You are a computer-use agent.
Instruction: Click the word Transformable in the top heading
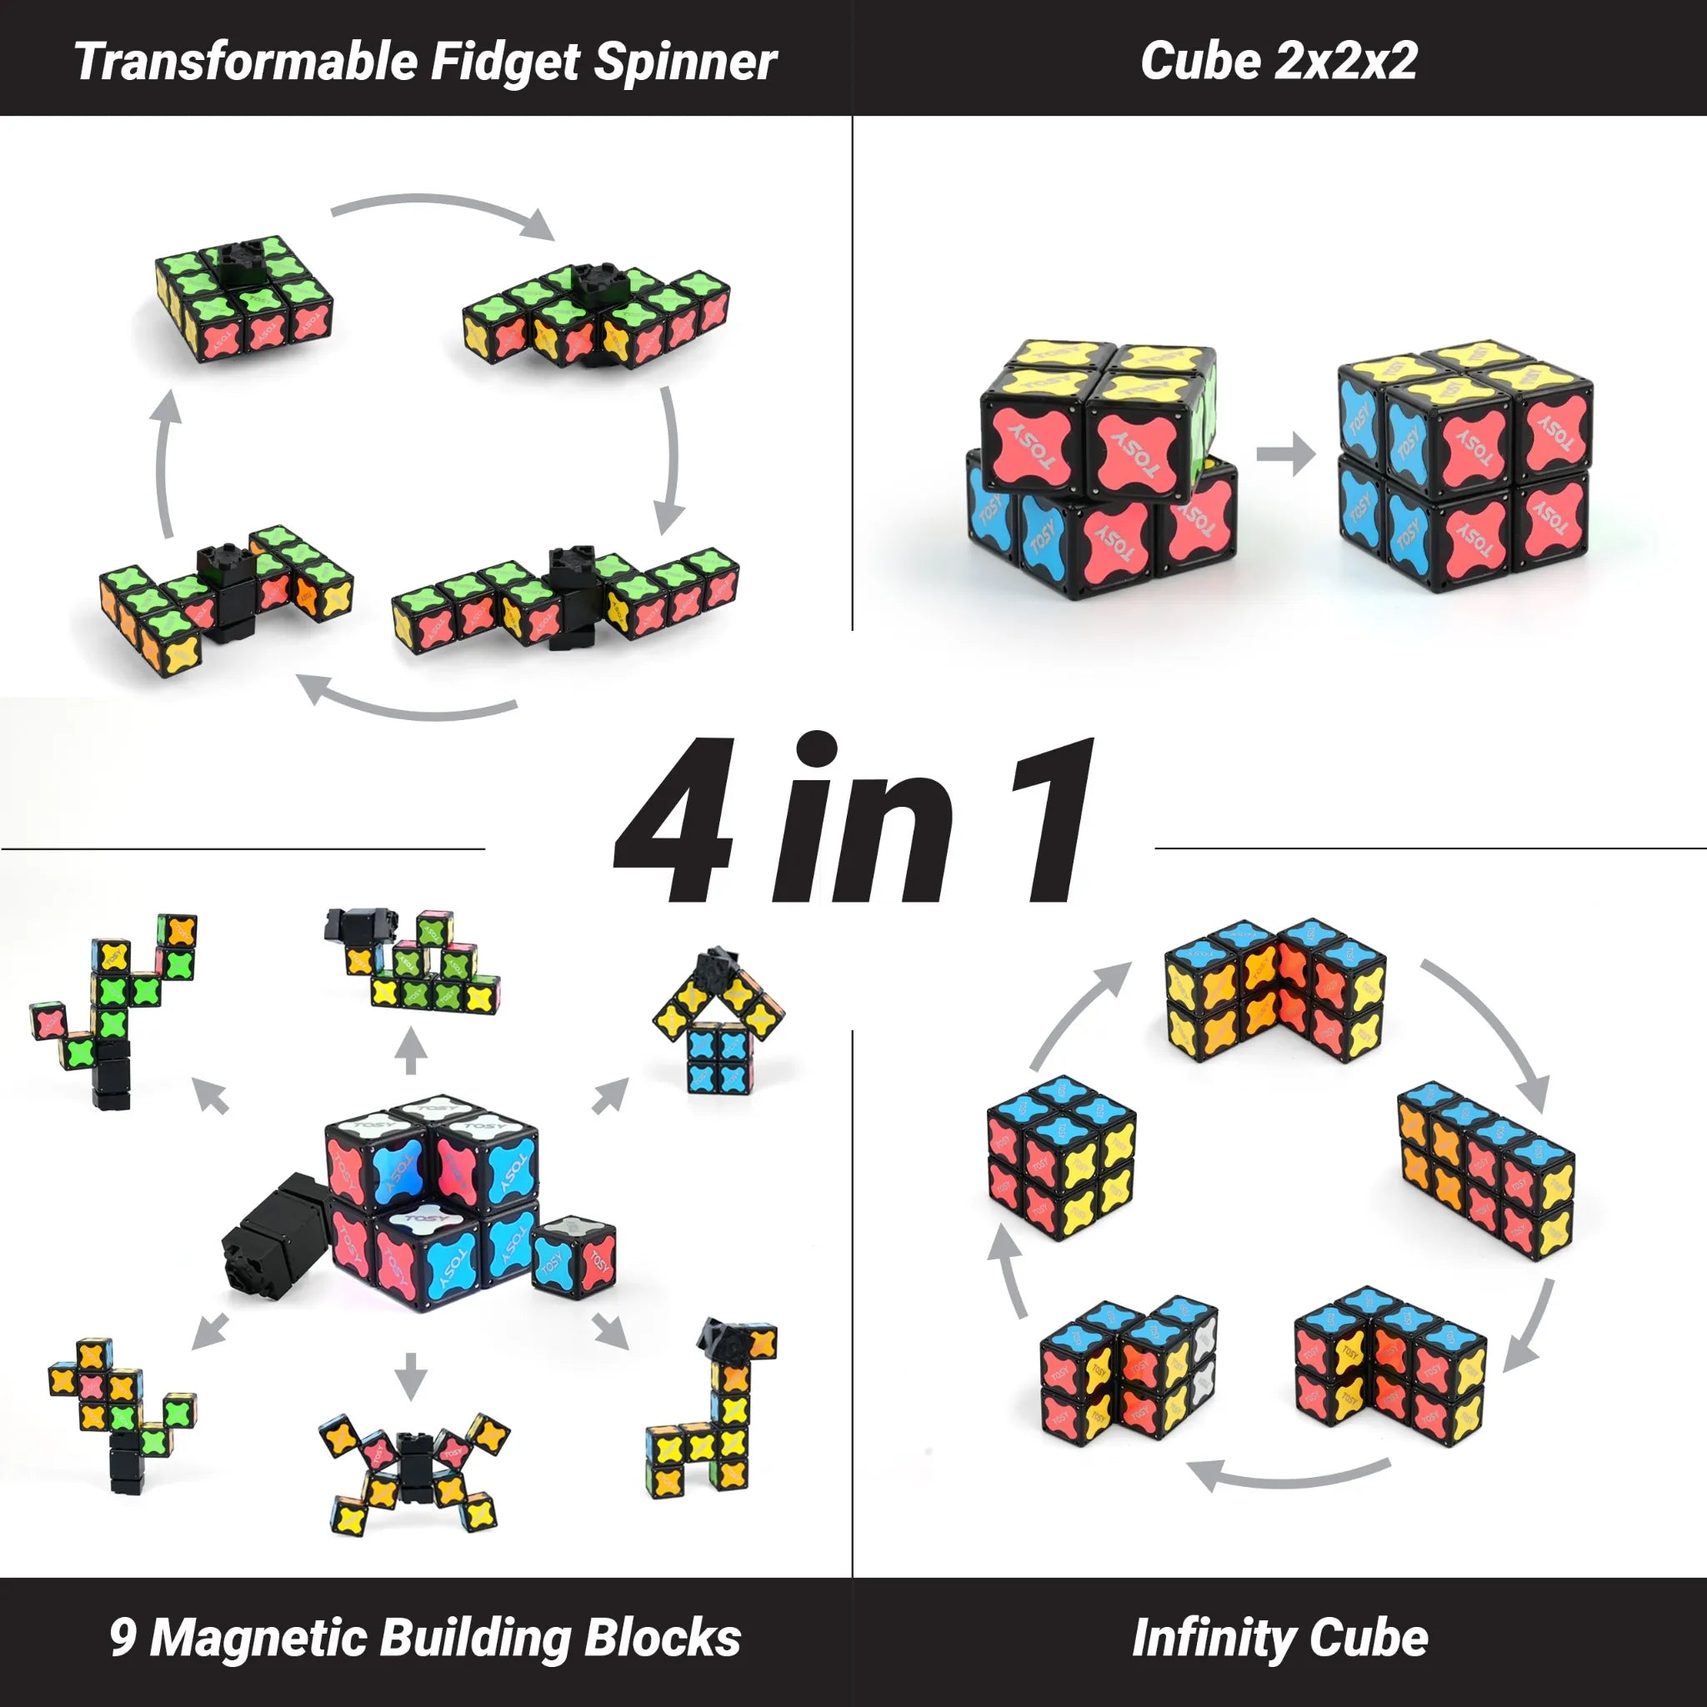tap(245, 63)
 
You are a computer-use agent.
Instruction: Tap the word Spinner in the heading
tap(686, 63)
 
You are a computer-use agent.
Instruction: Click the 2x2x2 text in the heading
tap(1347, 62)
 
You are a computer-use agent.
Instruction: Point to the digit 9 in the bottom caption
tap(123, 1635)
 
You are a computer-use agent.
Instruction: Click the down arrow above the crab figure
tap(410, 1374)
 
